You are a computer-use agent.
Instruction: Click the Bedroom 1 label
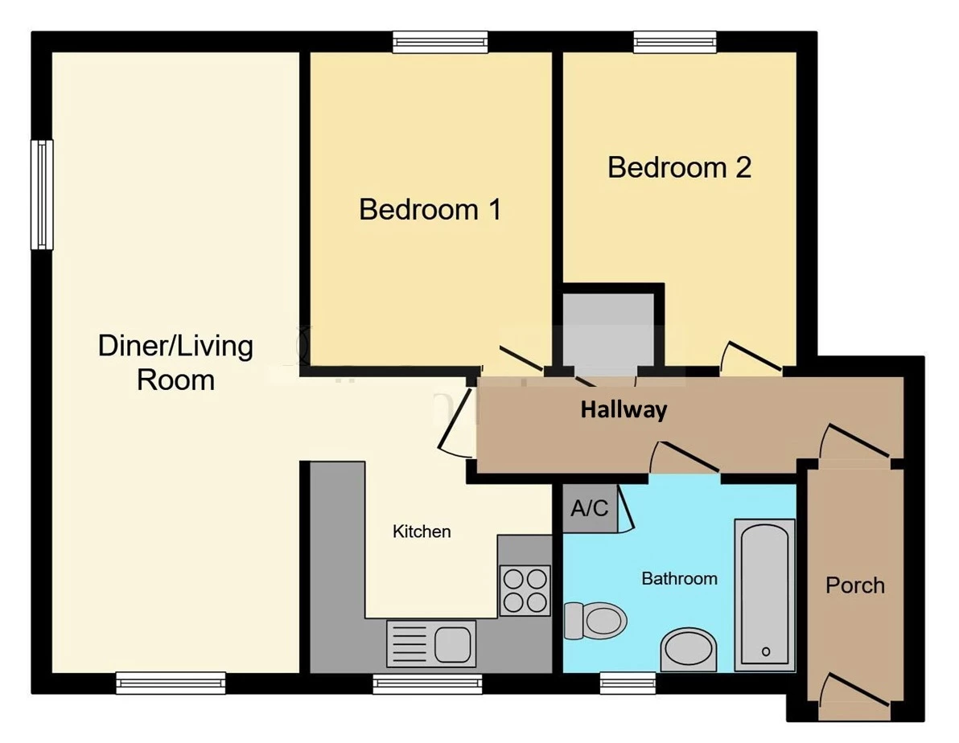pos(430,210)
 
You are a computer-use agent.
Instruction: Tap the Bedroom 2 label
pos(679,168)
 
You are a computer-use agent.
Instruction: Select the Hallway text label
pos(624,410)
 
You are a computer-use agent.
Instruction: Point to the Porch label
pos(855,585)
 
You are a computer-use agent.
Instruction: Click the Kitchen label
pos(422,532)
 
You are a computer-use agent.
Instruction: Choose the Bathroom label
pos(679,578)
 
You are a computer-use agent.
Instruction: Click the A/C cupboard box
pos(590,509)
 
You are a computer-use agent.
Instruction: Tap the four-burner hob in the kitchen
pos(525,590)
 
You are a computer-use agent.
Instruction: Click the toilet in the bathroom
pos(596,620)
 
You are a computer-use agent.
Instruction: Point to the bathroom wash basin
pos(689,650)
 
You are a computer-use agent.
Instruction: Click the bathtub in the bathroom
pos(764,593)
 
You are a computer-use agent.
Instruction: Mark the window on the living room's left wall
pos(42,195)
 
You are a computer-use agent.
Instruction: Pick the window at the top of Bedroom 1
pos(440,42)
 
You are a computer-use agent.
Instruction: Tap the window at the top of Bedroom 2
pos(674,42)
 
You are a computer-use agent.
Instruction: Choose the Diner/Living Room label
pos(175,363)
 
